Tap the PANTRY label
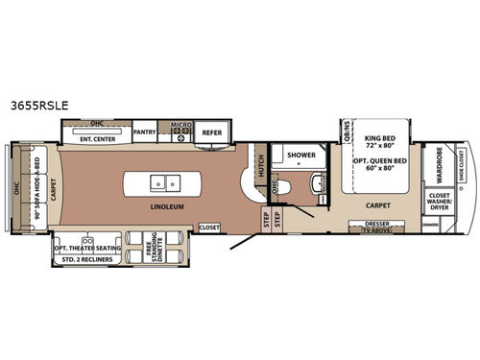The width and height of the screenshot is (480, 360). click(145, 132)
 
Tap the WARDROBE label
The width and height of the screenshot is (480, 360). click(439, 164)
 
